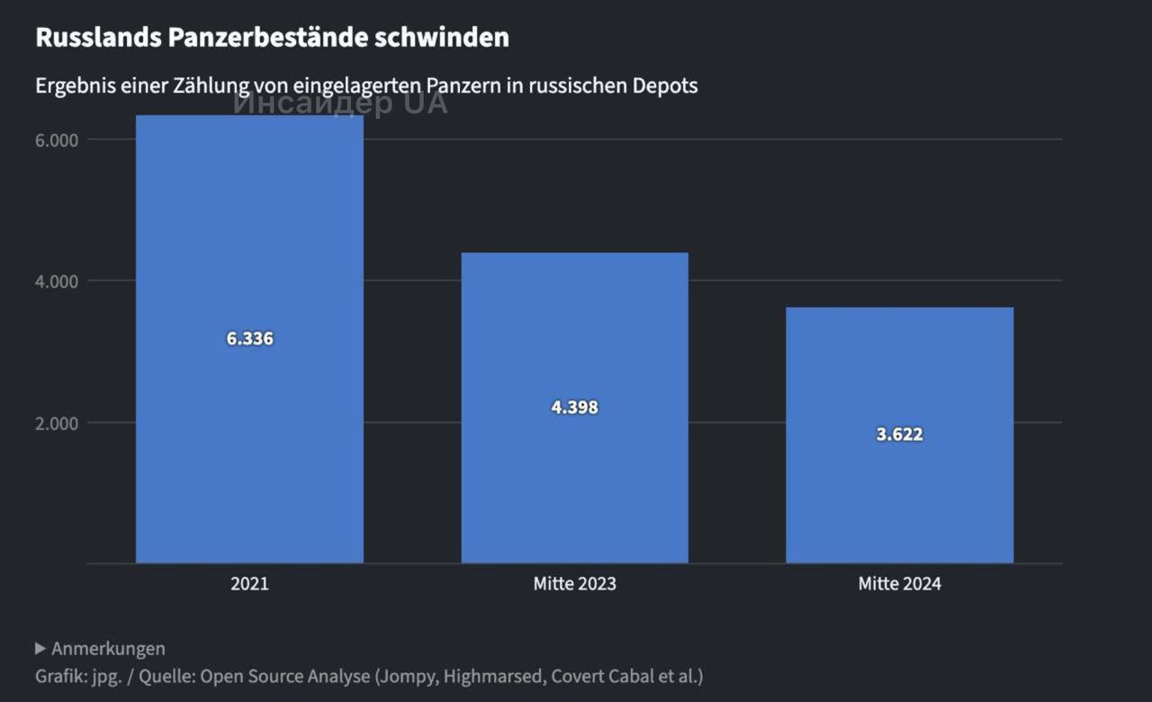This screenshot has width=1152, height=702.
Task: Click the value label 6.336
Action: (249, 339)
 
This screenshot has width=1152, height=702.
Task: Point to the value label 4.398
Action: (574, 408)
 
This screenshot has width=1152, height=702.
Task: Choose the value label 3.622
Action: (899, 435)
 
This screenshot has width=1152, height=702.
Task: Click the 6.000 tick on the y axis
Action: (58, 140)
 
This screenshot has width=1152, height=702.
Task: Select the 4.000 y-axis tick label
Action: (58, 282)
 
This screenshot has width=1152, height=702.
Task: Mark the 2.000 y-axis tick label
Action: (58, 423)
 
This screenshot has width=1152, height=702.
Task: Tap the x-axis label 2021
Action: (249, 583)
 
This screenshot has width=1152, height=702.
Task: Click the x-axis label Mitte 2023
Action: (574, 583)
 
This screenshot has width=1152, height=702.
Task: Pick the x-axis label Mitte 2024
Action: (899, 583)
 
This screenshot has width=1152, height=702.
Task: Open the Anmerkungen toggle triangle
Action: (40, 648)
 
